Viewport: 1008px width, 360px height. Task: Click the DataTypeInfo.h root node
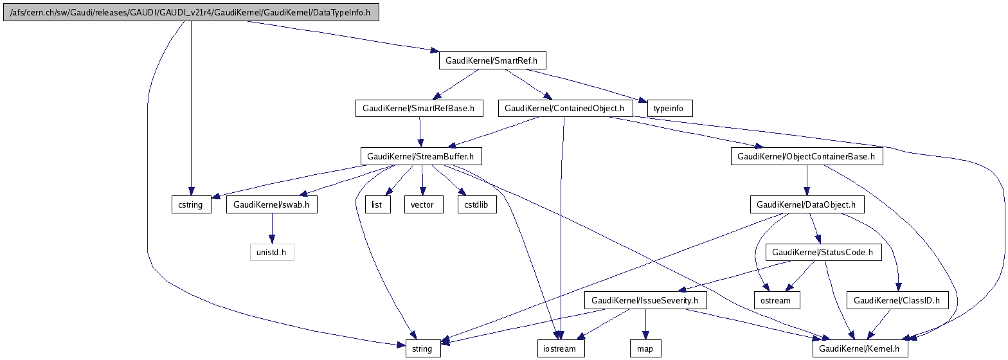coord(191,13)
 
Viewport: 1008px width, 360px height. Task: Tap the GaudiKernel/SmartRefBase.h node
coord(419,109)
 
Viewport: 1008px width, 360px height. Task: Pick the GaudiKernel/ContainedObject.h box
coord(564,109)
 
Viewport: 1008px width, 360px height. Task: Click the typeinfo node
coord(670,109)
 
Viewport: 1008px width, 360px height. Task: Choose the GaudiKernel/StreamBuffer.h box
coord(421,156)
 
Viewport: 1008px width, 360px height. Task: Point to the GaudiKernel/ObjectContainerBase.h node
coord(806,156)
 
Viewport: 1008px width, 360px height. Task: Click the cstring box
coord(191,205)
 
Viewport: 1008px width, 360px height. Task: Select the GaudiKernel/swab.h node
coord(271,205)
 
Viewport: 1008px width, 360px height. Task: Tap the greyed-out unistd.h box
coord(271,253)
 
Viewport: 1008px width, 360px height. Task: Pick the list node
coord(378,205)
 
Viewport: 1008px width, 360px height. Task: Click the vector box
coord(422,205)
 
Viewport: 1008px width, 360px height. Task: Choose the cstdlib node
coord(476,205)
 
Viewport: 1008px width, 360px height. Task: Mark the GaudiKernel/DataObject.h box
coord(806,205)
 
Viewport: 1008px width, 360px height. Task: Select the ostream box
coord(777,300)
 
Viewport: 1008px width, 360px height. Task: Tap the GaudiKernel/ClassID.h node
coord(897,300)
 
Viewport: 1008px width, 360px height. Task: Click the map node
coord(645,348)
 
